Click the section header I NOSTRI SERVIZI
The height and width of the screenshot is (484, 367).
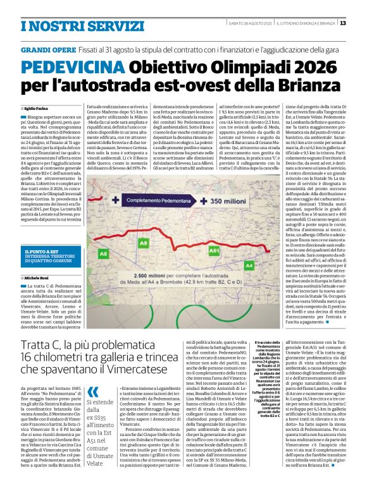point(65,25)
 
